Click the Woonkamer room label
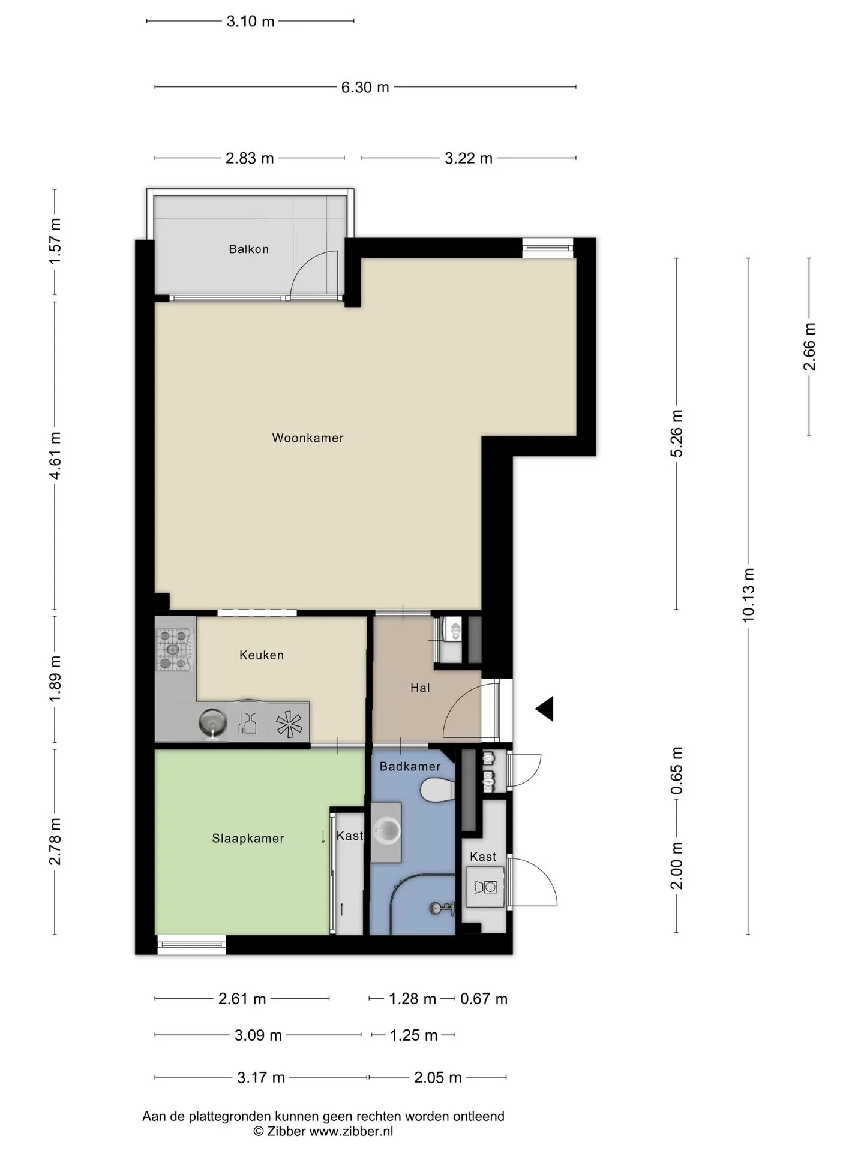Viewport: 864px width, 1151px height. tap(308, 438)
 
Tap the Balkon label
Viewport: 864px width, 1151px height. tap(248, 249)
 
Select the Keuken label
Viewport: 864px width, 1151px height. tap(262, 655)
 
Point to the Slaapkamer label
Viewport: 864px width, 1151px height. tap(248, 839)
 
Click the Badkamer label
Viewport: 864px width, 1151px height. tap(410, 767)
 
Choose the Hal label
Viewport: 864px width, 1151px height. tap(420, 688)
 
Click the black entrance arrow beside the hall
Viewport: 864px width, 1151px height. tap(545, 709)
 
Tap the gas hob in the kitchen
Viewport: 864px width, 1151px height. tap(175, 649)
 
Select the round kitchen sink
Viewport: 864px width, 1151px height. tap(213, 722)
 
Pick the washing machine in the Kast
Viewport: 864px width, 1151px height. tap(485, 887)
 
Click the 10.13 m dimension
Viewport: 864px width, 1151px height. tap(748, 595)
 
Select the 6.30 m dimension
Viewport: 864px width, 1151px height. tap(365, 88)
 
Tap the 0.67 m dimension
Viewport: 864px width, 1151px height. tap(484, 999)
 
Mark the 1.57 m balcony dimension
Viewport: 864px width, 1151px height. tap(55, 241)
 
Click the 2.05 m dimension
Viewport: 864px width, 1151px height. tap(437, 1077)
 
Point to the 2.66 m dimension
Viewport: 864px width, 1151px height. tap(809, 346)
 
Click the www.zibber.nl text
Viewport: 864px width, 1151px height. tap(351, 1131)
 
